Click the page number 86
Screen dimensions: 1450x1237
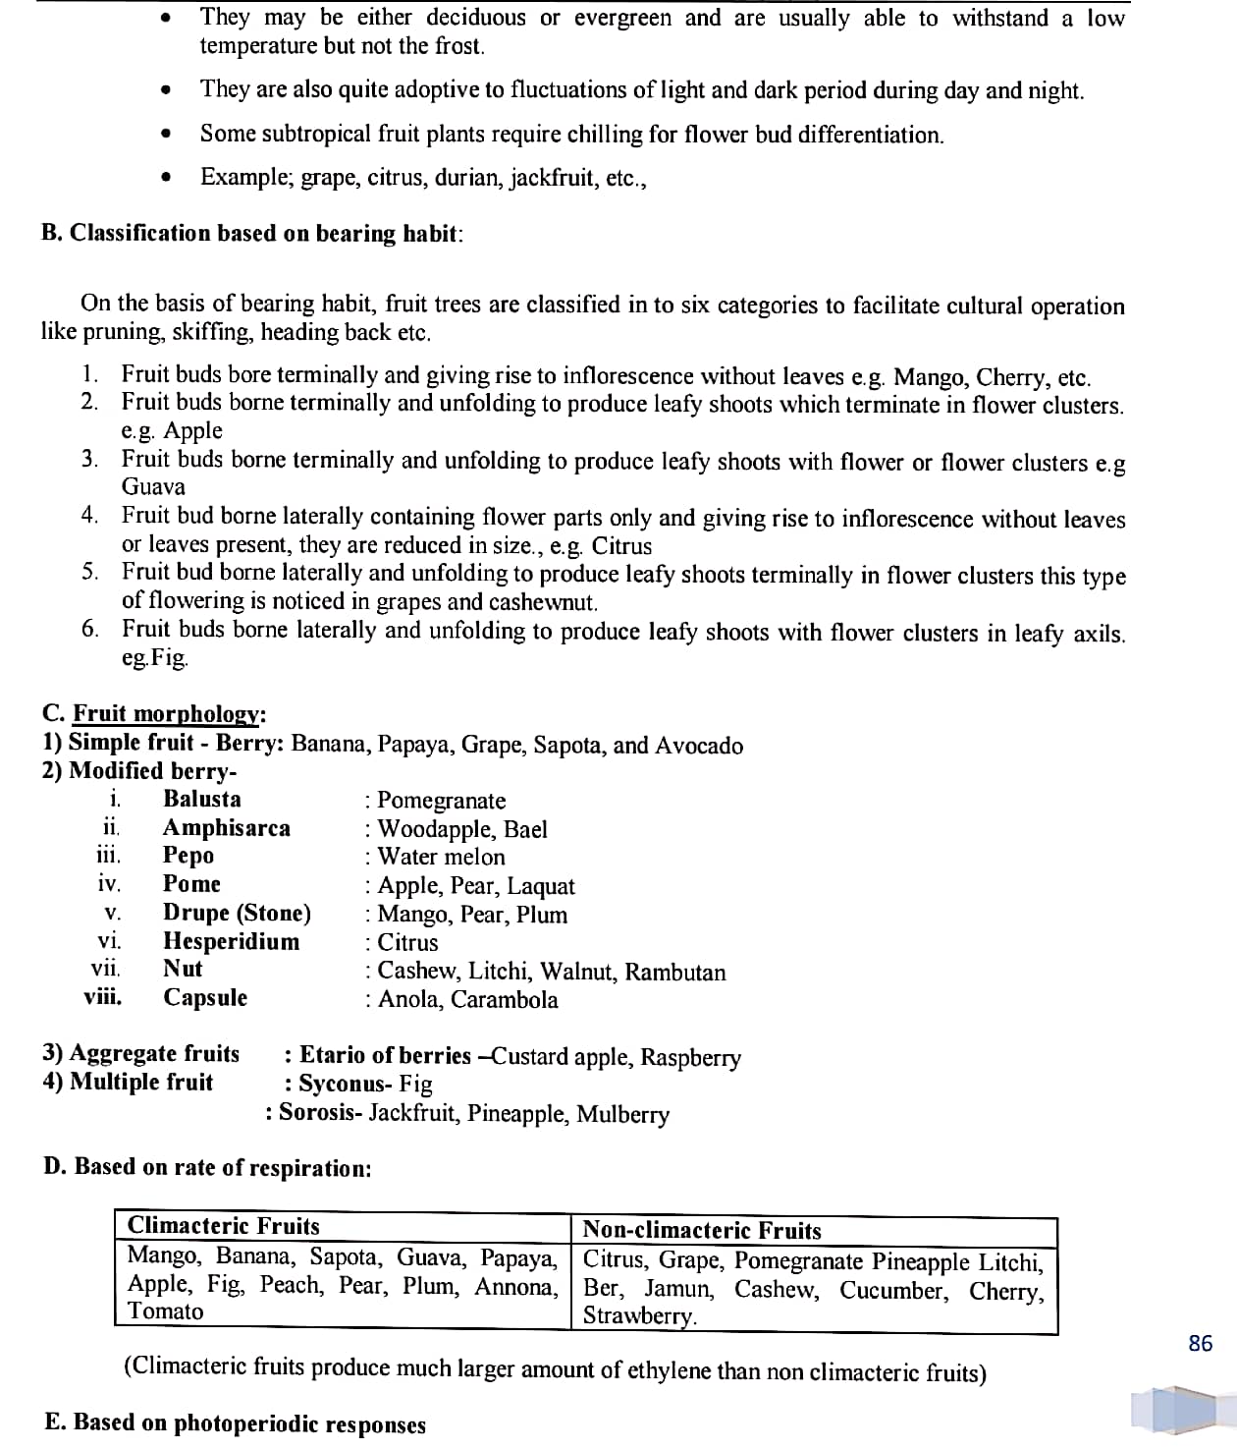click(1200, 1343)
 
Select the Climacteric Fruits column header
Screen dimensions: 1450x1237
click(224, 1226)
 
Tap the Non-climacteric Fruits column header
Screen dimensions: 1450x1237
click(702, 1230)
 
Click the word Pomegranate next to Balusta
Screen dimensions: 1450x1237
click(442, 801)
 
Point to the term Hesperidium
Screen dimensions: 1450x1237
click(232, 941)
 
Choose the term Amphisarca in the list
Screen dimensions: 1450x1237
click(227, 828)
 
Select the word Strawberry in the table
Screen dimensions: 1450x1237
click(638, 1316)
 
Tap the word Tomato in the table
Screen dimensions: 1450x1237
click(166, 1311)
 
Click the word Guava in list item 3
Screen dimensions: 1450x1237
click(153, 486)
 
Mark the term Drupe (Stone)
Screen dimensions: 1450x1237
click(237, 913)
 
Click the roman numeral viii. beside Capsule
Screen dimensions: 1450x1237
click(103, 997)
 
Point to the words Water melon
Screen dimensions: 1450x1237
click(442, 857)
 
